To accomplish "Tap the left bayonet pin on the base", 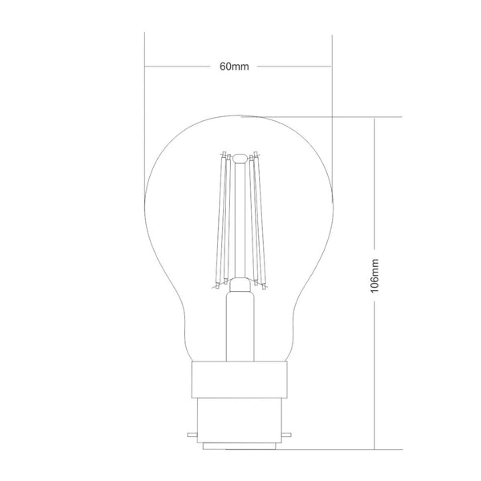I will click(x=191, y=436).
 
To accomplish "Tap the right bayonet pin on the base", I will click(x=286, y=436).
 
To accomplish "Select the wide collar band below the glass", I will click(x=238, y=374).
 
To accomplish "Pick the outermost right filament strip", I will click(x=260, y=220).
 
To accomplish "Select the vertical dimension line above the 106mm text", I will click(x=376, y=184).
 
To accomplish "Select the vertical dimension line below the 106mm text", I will click(x=376, y=369).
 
